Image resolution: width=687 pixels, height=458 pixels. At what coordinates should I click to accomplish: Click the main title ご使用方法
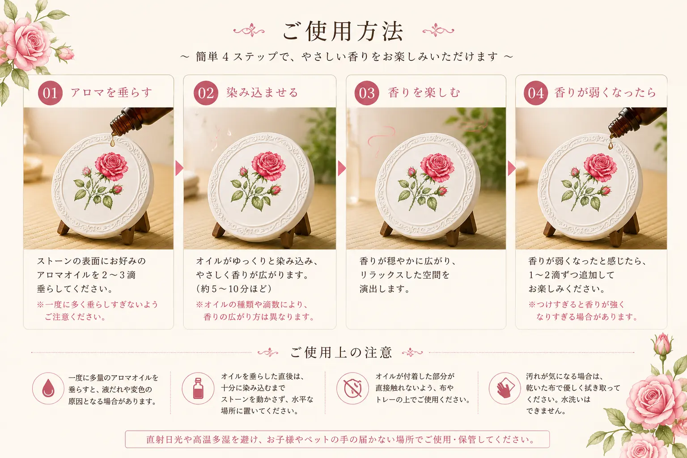343,31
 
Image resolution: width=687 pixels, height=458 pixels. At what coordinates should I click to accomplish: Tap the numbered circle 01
50,93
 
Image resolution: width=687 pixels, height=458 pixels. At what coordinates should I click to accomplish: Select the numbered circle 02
206,93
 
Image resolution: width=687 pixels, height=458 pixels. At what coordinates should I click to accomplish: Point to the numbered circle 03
367,93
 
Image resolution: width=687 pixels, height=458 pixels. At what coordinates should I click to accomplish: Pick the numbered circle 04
536,93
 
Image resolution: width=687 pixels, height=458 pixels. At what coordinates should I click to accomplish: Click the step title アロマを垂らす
111,92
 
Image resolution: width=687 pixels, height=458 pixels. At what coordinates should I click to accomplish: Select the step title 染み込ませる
262,92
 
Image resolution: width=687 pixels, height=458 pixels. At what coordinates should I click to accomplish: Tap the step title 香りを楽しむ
424,92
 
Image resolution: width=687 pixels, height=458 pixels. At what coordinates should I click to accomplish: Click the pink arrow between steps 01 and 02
179,168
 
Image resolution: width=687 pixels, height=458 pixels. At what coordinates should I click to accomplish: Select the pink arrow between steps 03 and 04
512,168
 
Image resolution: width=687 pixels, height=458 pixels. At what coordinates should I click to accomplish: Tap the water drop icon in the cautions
48,388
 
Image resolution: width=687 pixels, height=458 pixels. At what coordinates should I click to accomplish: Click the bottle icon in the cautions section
198,388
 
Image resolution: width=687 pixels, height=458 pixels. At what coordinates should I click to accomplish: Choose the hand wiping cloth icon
505,388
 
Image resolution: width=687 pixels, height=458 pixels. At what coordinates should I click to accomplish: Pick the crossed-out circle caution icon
353,388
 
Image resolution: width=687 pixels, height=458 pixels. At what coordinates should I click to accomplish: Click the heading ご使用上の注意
341,353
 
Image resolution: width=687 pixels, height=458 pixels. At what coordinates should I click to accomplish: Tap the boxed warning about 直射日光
337,439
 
